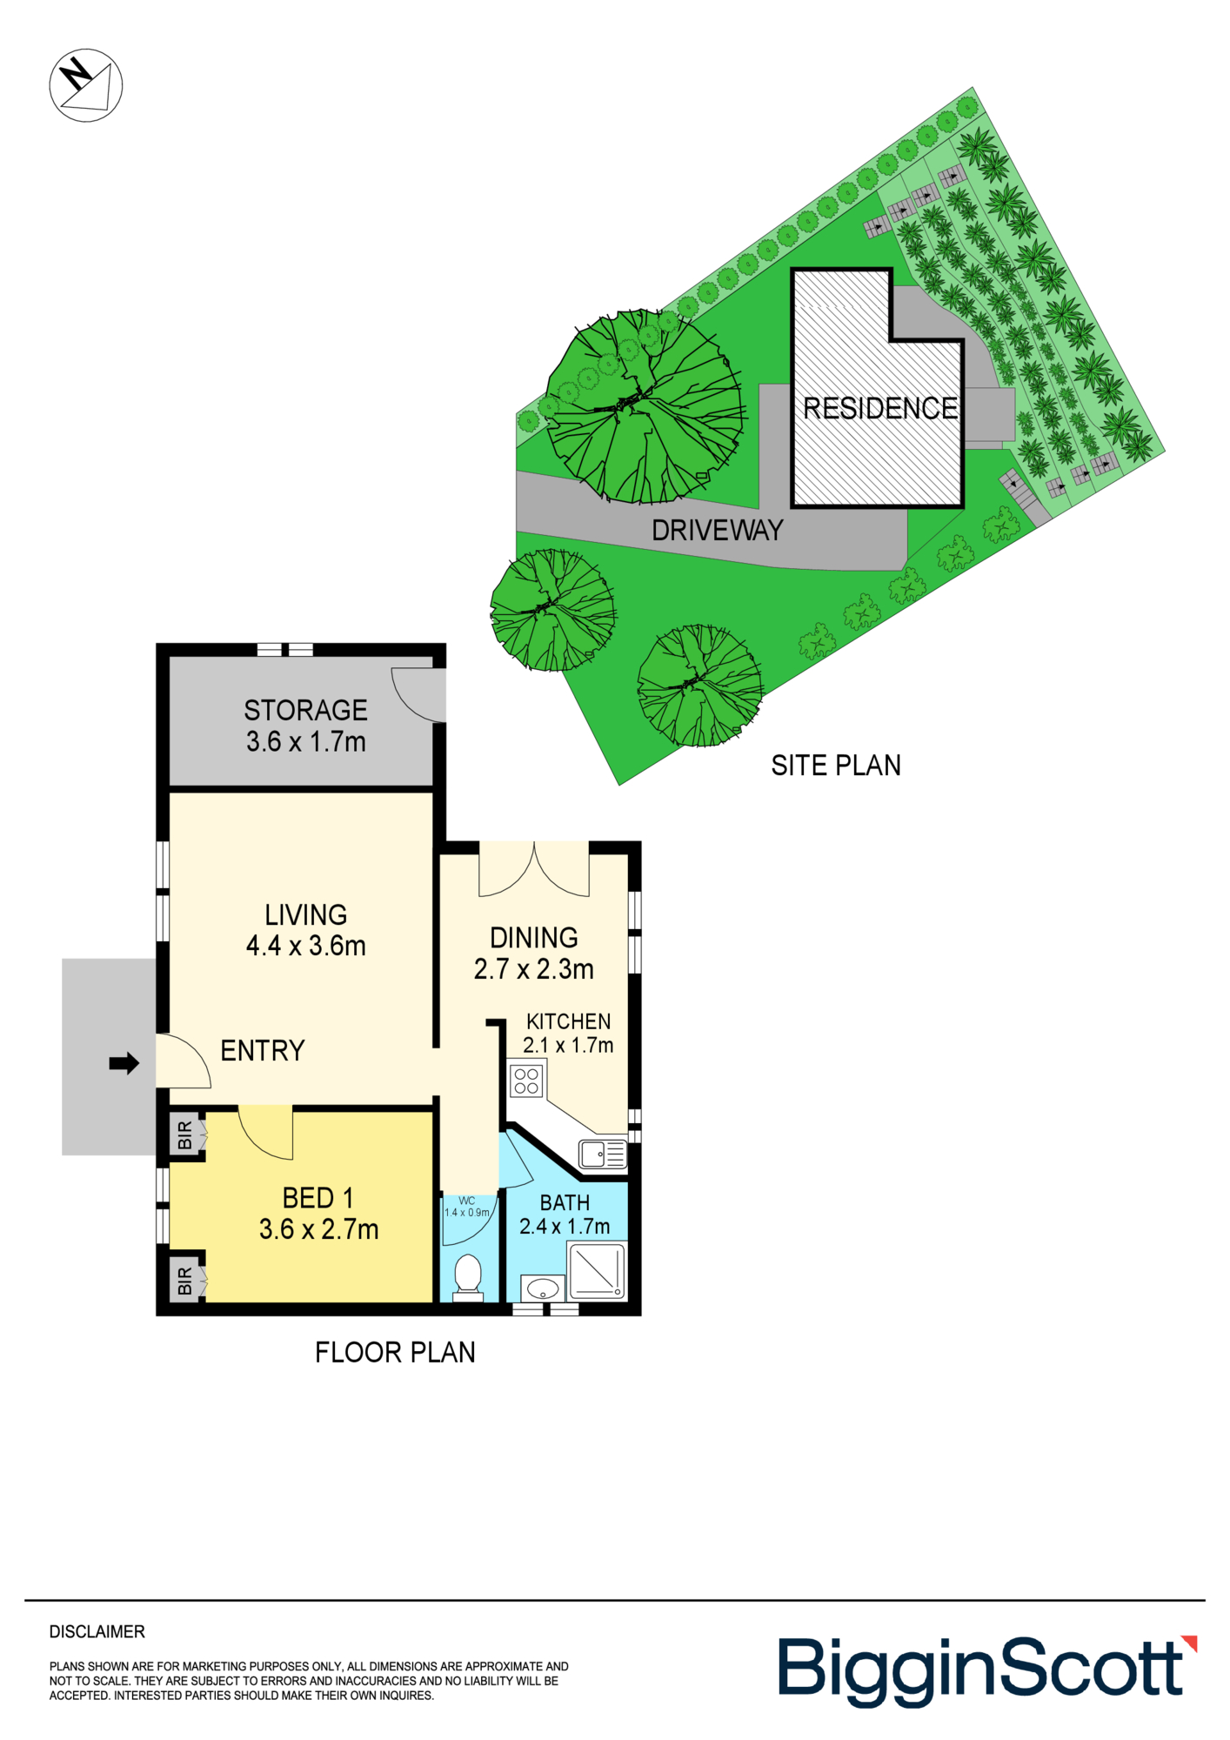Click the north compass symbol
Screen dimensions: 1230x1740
[86, 85]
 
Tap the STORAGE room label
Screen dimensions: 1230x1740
[305, 710]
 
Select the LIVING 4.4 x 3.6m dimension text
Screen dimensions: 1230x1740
[306, 946]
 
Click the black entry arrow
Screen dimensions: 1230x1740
[124, 1062]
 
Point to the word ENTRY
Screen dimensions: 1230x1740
[263, 1051]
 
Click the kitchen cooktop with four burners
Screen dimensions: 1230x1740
[526, 1081]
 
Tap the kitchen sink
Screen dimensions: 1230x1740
[603, 1154]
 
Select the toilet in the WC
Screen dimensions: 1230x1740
[468, 1277]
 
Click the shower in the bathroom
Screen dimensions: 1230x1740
[597, 1271]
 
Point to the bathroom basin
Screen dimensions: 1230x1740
[543, 1288]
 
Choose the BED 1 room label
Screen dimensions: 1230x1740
[318, 1198]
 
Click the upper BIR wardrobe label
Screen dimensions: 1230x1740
[184, 1135]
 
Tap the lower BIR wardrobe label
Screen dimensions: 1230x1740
[184, 1281]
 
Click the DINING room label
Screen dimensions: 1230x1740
[534, 938]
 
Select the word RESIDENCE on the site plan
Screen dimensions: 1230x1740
[880, 408]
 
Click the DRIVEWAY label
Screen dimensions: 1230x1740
[718, 531]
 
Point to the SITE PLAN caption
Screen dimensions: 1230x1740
[836, 766]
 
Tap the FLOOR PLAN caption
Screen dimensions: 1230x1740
[395, 1352]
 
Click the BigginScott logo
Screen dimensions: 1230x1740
[987, 1670]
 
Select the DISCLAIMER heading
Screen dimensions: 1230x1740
[97, 1632]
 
